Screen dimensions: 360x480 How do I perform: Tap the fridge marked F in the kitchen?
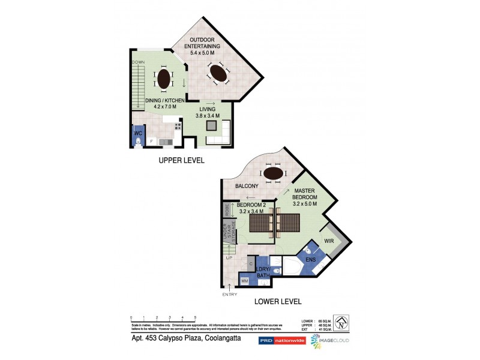pos(151,141)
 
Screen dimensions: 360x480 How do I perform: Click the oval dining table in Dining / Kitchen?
pos(163,79)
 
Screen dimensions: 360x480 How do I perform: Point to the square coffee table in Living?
pos(211,125)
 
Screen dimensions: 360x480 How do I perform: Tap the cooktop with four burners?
pos(178,127)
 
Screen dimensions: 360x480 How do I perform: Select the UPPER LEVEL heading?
pos(181,160)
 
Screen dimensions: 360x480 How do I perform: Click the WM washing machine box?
pos(244,280)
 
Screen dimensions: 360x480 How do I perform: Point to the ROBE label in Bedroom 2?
pos(227,211)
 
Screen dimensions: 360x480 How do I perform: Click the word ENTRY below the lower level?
pos(229,294)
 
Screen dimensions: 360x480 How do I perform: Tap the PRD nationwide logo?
pos(282,340)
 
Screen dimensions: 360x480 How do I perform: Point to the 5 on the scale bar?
pos(194,317)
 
